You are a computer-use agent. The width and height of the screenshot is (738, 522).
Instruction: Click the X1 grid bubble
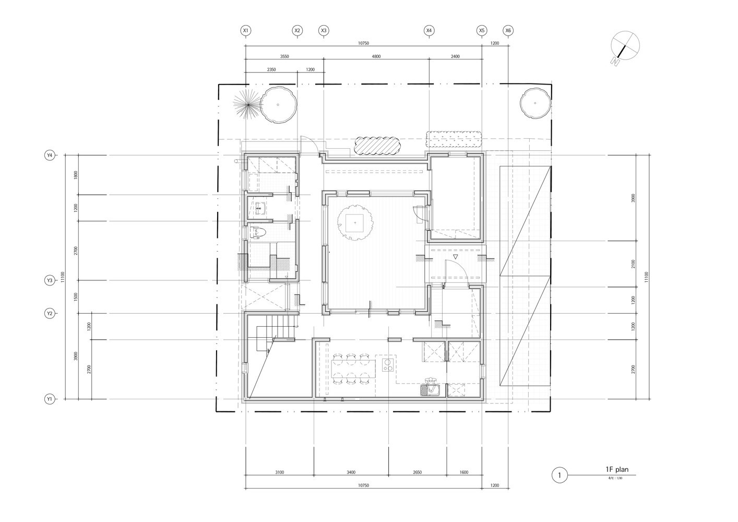246,31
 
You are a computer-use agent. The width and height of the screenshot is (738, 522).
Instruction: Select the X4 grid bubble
429,31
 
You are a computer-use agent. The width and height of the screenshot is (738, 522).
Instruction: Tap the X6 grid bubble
508,31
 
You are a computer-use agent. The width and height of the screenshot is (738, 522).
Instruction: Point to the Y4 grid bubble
50,155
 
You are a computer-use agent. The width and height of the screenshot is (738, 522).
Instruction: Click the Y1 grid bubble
50,399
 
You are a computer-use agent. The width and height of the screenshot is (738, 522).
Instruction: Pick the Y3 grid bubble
50,281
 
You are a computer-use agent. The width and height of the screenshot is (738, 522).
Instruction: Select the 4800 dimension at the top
376,56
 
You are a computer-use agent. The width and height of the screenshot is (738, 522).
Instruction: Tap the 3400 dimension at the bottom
351,472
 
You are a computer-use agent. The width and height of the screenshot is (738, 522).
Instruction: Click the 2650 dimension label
417,472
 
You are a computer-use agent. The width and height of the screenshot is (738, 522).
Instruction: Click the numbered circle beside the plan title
559,476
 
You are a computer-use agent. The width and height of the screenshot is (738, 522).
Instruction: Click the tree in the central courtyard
354,223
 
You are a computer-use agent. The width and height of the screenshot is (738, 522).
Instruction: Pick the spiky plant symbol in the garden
246,104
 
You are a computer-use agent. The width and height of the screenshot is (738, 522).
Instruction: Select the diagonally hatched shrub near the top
377,145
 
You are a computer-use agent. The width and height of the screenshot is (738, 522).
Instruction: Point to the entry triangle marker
455,257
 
